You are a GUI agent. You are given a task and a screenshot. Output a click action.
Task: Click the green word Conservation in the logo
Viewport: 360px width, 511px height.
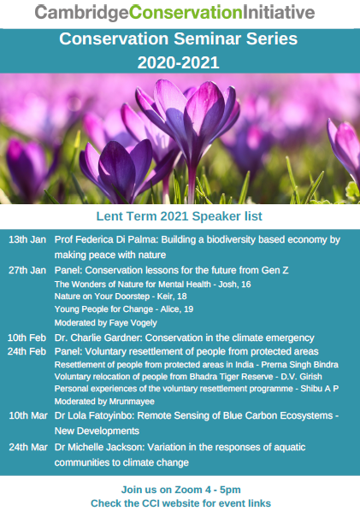coord(186,12)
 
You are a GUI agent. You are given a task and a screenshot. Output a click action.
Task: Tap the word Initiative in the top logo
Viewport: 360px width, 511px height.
coord(279,12)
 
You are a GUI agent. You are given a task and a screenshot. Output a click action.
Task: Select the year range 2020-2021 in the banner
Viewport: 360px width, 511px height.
coord(178,62)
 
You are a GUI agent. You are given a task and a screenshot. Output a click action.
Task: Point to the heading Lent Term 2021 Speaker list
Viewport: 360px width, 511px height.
coord(180,216)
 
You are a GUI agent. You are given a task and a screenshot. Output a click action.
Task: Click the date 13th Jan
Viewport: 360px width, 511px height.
coord(27,239)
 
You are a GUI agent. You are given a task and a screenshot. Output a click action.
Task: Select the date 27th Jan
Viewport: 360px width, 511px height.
coord(27,270)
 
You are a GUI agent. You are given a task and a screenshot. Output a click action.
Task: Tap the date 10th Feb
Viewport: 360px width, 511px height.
coord(27,338)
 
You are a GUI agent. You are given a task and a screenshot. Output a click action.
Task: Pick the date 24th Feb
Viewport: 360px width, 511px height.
coord(27,351)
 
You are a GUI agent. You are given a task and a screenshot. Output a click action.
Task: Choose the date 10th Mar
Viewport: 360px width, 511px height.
coord(28,415)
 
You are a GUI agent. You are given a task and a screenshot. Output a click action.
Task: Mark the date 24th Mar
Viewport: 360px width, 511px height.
coord(28,447)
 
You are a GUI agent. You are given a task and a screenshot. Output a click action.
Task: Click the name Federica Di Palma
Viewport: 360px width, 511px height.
coord(116,239)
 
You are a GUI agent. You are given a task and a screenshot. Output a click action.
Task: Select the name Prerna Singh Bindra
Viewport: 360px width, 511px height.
coord(299,364)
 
